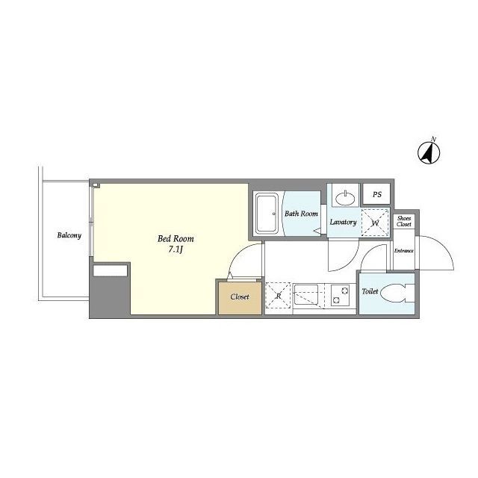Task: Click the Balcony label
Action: point(69,235)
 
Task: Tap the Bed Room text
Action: point(176,238)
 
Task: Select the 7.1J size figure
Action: point(176,250)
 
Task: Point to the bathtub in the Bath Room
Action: point(266,213)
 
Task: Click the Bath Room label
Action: point(301,214)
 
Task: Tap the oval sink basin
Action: point(345,199)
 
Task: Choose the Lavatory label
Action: point(343,222)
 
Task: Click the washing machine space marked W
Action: point(375,223)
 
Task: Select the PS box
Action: point(376,194)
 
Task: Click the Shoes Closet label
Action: point(404,221)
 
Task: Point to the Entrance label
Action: point(403,251)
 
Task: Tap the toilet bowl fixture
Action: point(397,293)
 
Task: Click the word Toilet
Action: point(370,291)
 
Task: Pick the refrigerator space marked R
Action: point(278,296)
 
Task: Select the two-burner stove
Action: point(341,295)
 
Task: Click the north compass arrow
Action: point(428,152)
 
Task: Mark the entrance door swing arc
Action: point(443,247)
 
